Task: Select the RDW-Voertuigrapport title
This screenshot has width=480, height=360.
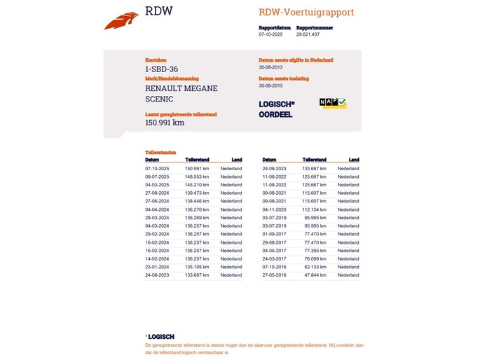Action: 306,12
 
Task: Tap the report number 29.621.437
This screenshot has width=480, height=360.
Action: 308,34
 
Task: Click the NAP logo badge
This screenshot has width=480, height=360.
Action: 332,103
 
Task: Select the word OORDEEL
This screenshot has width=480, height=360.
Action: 275,114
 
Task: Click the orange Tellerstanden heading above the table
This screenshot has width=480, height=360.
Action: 160,152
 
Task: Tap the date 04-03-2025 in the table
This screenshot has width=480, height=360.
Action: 157,185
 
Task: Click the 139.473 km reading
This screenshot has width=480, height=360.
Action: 197,193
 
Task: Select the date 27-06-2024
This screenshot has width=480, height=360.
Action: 157,201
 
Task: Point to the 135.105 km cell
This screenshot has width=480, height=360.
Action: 197,267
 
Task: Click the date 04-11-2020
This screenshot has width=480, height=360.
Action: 275,209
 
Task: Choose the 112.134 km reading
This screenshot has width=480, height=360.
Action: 315,209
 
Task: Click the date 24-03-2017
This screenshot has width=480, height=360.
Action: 275,258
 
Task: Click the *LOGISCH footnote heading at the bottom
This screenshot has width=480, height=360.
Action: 160,336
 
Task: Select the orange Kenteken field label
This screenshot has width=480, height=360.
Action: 156,60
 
